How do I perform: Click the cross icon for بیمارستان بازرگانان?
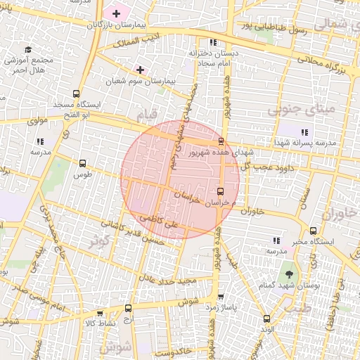click(116, 13)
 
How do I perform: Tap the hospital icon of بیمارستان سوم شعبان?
click(140, 70)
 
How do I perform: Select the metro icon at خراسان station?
click(221, 191)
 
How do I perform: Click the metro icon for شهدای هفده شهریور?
click(221, 141)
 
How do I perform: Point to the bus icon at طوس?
click(83, 163)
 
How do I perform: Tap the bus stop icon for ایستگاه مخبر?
click(313, 230)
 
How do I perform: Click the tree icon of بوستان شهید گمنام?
click(289, 271)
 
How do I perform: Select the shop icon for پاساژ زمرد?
click(221, 297)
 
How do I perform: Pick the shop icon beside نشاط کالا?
click(99, 314)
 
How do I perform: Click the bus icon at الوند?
click(266, 318)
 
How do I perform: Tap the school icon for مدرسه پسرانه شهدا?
click(304, 131)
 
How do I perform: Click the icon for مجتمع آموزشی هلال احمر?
click(28, 49)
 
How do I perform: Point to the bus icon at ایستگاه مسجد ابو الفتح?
click(76, 94)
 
